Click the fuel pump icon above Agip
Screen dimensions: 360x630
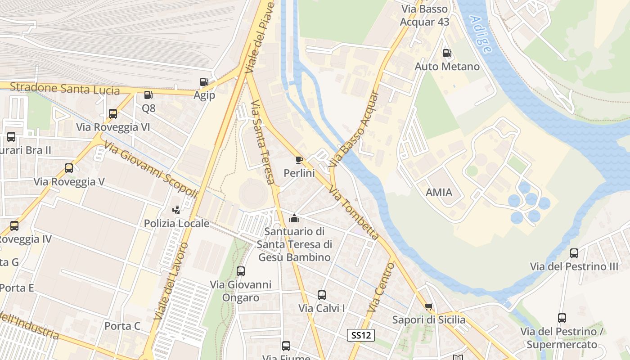click(x=204, y=82)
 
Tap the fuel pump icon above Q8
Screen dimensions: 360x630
click(x=148, y=95)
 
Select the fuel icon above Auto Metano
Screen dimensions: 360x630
click(x=447, y=53)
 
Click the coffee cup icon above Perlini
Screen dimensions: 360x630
click(x=299, y=160)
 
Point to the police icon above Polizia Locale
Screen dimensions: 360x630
click(x=176, y=210)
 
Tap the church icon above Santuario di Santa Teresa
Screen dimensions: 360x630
click(x=294, y=218)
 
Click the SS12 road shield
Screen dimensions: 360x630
click(x=361, y=335)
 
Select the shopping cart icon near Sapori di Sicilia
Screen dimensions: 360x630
click(x=429, y=306)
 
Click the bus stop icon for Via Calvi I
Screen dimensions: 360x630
click(x=322, y=295)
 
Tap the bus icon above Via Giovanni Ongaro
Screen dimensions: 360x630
click(x=241, y=271)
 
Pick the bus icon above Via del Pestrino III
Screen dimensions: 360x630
click(x=574, y=253)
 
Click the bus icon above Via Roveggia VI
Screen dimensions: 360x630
click(x=113, y=114)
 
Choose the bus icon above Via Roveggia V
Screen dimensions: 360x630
click(x=69, y=168)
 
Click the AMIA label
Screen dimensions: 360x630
click(x=439, y=193)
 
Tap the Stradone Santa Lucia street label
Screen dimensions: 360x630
click(x=65, y=88)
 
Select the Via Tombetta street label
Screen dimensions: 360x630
click(x=354, y=213)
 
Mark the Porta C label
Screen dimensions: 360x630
click(x=122, y=326)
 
